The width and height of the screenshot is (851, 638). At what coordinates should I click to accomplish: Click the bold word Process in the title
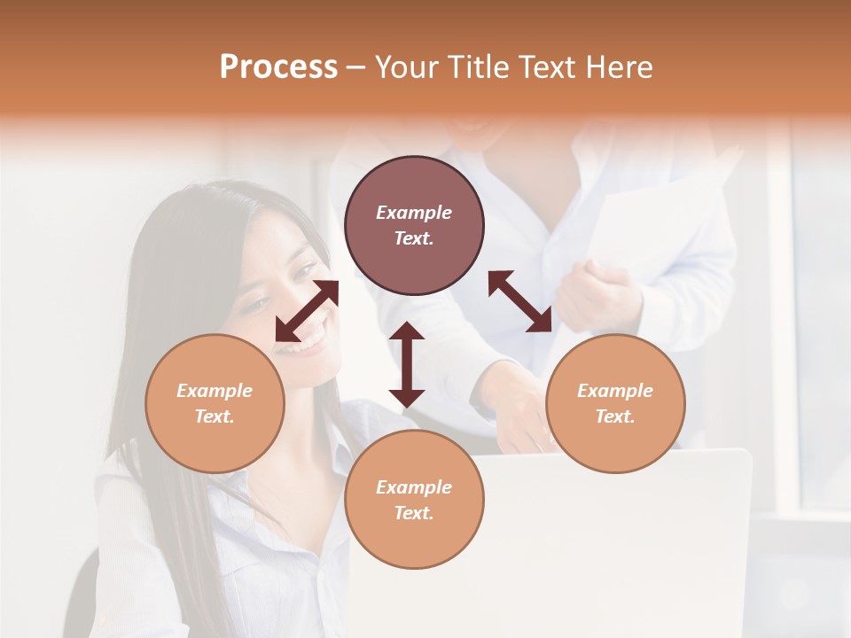pyautogui.click(x=278, y=67)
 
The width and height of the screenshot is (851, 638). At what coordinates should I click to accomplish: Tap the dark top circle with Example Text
pyautogui.click(x=414, y=225)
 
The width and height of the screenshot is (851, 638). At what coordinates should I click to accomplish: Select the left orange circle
pyautogui.click(x=215, y=403)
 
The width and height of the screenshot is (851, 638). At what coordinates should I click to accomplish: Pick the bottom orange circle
pyautogui.click(x=414, y=500)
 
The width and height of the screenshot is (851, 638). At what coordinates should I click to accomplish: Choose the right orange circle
pyautogui.click(x=615, y=403)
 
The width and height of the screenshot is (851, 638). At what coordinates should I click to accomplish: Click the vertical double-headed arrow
pyautogui.click(x=407, y=364)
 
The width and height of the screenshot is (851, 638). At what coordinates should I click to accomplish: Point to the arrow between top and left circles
pyautogui.click(x=307, y=311)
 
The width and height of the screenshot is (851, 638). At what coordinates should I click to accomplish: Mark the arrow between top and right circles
pyautogui.click(x=519, y=301)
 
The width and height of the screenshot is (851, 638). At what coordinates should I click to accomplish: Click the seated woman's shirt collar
pyautogui.click(x=341, y=452)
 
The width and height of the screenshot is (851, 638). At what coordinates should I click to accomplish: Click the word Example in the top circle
pyautogui.click(x=414, y=213)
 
